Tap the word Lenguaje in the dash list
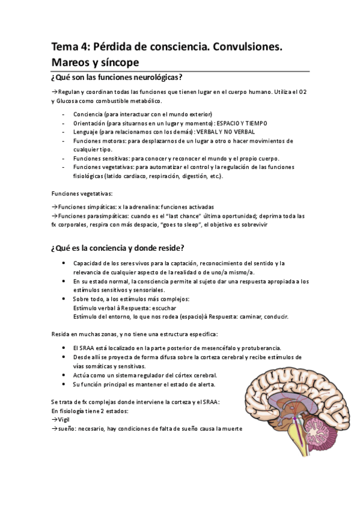point(86,132)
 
